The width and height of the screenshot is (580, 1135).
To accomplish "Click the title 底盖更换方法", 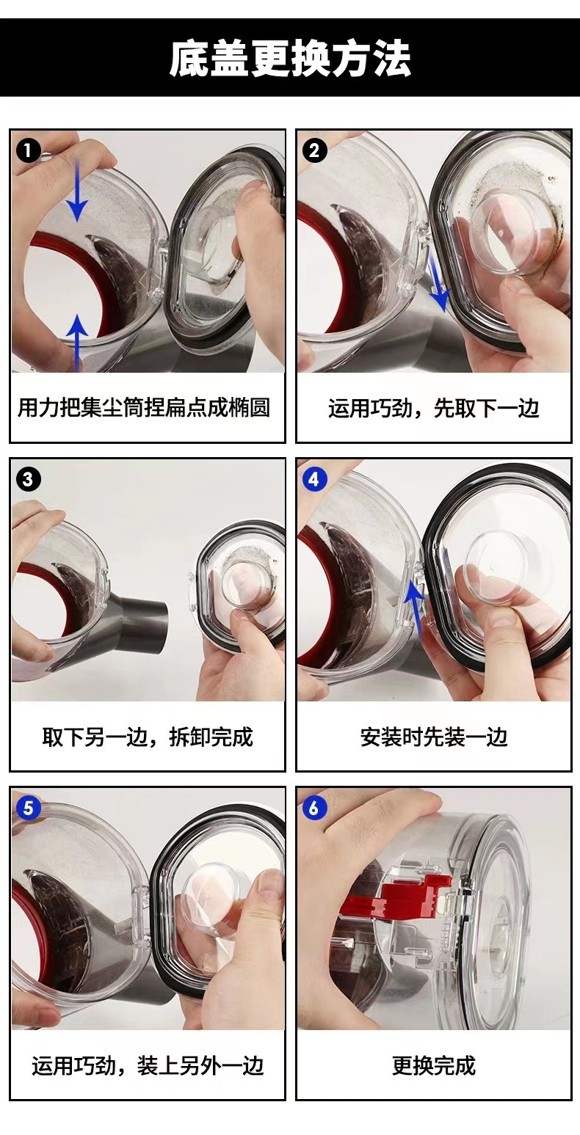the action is click(x=289, y=59).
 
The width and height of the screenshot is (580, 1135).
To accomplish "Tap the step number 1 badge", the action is click(x=29, y=150).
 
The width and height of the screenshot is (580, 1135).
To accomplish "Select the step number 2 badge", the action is click(x=314, y=150).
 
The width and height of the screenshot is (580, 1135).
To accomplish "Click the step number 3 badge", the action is click(x=29, y=479).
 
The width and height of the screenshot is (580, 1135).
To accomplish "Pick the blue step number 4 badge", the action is click(x=314, y=479).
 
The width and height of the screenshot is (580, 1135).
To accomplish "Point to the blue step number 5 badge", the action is click(x=29, y=808).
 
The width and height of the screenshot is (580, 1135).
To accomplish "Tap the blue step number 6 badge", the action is click(x=314, y=808).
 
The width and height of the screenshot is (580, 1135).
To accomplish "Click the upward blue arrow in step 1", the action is click(x=77, y=342).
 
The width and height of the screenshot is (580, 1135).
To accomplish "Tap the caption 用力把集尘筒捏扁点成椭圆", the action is click(x=144, y=408).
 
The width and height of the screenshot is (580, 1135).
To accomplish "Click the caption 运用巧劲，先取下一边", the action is click(x=433, y=408).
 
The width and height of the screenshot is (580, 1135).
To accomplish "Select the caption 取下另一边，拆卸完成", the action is click(x=148, y=737).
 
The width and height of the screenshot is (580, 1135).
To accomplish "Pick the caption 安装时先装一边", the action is click(x=434, y=737).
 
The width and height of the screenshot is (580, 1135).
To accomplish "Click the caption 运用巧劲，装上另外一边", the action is click(x=148, y=1065).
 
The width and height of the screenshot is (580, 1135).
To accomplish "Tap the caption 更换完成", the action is click(x=434, y=1065).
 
